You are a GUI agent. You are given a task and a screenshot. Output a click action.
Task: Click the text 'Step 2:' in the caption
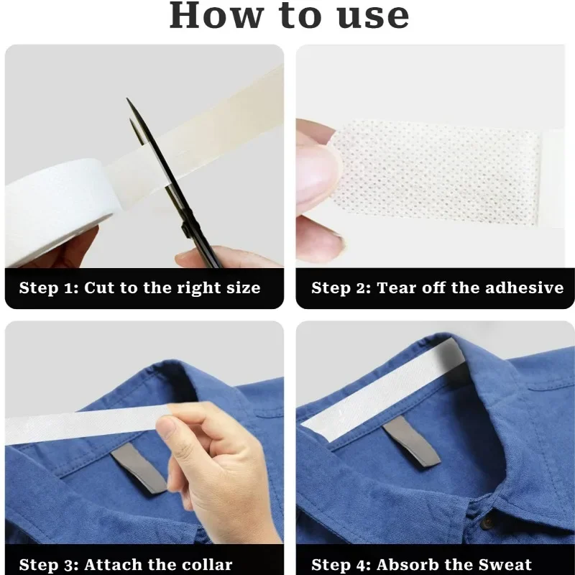341,288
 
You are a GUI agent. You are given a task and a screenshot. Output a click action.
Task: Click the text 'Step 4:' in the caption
341,565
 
